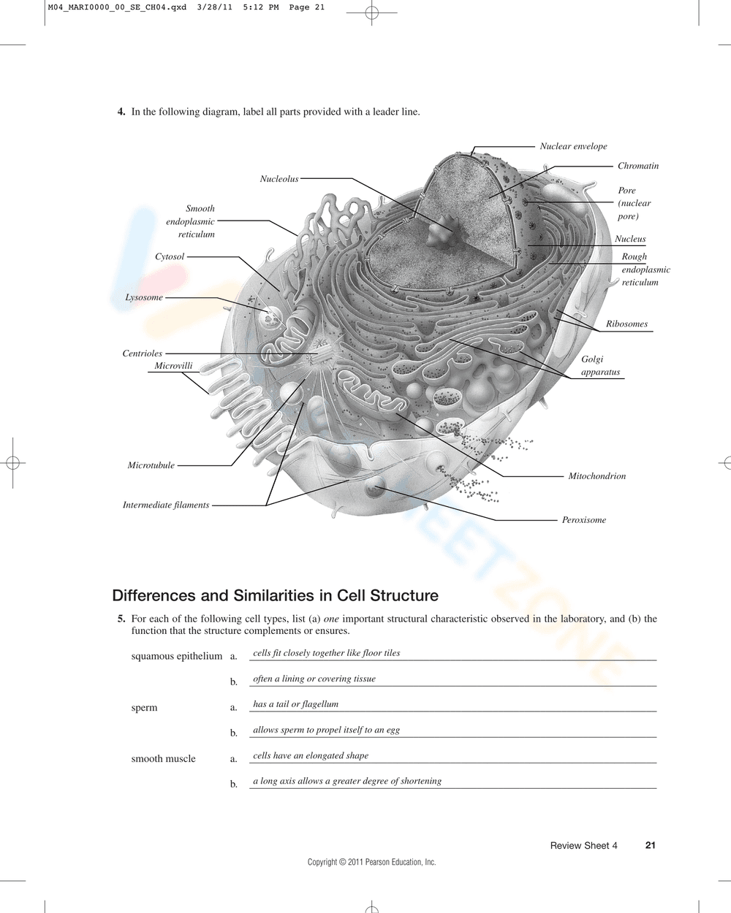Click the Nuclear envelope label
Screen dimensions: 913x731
pos(573,146)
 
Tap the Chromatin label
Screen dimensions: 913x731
pos(637,166)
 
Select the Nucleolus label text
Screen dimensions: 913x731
pos(279,179)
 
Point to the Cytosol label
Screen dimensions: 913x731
pos(170,257)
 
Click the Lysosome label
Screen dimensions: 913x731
pos(144,297)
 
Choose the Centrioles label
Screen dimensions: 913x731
pos(143,354)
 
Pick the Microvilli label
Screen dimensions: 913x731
pos(173,366)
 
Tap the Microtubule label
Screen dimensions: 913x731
pos(151,465)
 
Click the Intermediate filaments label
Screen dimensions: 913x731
pos(166,505)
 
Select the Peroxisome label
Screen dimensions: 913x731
pos(583,520)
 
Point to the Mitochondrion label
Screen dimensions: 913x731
pos(596,476)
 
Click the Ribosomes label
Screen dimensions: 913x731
pos(626,324)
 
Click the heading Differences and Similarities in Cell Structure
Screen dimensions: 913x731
pos(275,595)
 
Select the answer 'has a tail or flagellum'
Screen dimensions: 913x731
pos(295,704)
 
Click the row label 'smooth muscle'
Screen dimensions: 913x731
pos(163,759)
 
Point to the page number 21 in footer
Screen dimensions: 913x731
pos(650,845)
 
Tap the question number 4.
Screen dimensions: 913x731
pos(121,112)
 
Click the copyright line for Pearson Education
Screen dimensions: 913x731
pos(371,862)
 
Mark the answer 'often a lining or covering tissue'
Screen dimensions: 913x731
pos(314,679)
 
